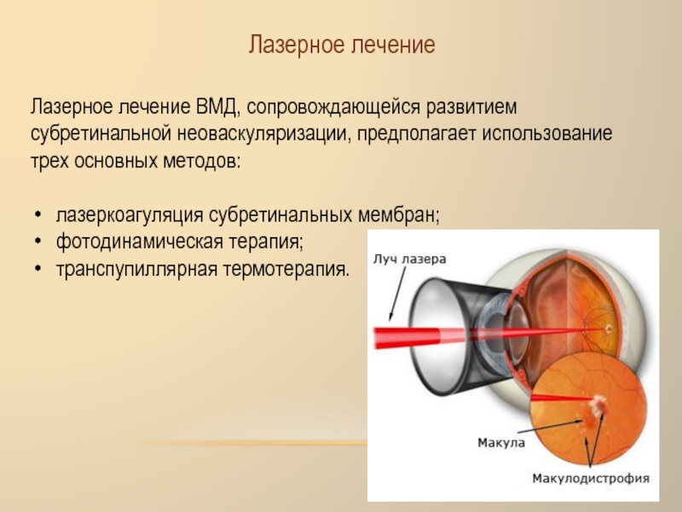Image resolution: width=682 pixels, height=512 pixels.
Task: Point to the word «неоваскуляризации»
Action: tap(263, 135)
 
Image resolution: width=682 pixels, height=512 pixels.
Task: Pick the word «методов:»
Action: tap(202, 161)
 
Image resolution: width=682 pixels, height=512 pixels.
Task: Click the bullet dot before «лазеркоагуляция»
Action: tap(38, 215)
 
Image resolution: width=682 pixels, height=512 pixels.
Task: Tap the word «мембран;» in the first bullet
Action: tap(399, 215)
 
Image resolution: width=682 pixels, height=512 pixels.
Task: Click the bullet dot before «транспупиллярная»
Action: tap(38, 268)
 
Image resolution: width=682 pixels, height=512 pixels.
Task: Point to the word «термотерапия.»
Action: tap(286, 269)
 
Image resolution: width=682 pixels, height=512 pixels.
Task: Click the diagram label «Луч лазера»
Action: tap(410, 259)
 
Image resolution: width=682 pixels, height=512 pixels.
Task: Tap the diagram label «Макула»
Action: tap(501, 443)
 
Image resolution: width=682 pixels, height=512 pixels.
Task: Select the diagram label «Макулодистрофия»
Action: tap(591, 478)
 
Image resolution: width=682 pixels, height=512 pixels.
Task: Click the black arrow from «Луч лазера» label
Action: tap(397, 294)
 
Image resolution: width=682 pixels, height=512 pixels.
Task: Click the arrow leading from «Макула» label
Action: tap(550, 427)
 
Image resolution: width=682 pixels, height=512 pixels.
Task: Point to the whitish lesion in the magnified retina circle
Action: tap(598, 404)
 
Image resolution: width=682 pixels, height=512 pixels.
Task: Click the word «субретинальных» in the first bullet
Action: tap(280, 215)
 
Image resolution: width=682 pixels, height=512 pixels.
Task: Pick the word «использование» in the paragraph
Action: tap(546, 134)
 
